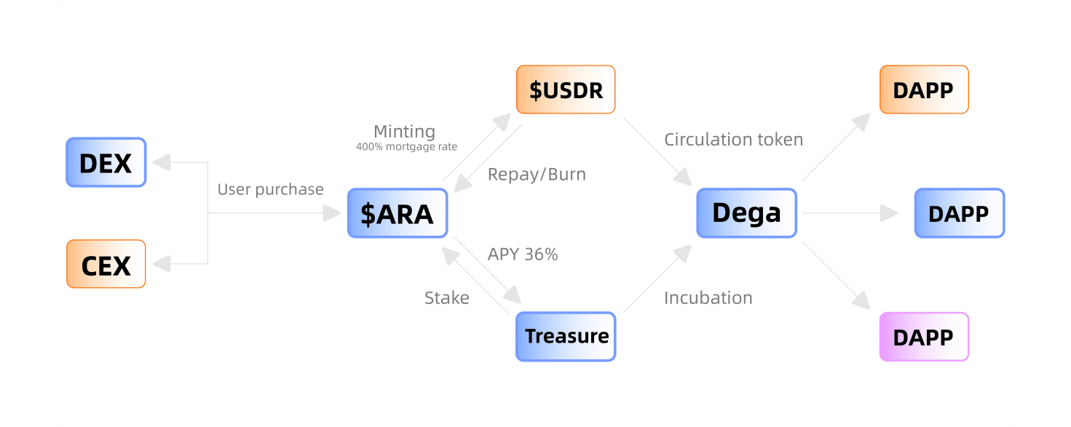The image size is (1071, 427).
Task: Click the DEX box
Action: coord(106,162)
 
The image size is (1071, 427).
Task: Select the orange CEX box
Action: coord(106,264)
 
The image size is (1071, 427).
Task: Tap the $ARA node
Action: coord(397,213)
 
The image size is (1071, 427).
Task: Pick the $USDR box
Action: coord(566,89)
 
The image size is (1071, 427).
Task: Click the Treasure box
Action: coord(566,336)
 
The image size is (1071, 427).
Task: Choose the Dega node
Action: coord(746,213)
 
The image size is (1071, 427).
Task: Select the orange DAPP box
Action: coord(924,89)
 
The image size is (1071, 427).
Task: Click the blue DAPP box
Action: coord(959,213)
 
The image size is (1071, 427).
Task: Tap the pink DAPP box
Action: coord(924,337)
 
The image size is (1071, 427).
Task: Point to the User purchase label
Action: coord(270,189)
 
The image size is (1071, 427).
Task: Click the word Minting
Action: coord(404,132)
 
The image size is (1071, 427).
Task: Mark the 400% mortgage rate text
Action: coord(406,147)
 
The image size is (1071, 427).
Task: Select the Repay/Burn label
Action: coord(537,175)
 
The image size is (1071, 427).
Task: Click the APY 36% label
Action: coord(523,255)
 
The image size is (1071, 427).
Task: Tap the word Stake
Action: coord(447,298)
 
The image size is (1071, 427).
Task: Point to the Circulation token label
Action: coord(733,140)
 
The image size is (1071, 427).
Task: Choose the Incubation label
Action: coord(708,298)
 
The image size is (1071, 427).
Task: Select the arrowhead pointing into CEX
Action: coord(164,264)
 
